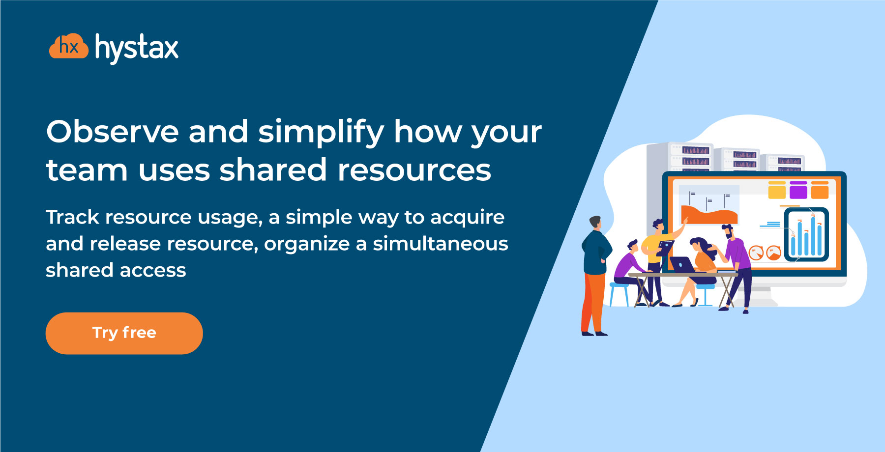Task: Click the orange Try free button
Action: click(124, 333)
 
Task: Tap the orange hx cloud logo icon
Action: click(69, 47)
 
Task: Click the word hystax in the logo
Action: click(137, 48)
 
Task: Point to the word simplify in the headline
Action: click(321, 133)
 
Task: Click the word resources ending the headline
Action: click(414, 170)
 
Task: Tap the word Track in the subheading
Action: click(73, 217)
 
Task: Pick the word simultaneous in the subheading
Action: click(441, 244)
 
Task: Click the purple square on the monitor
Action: click(798, 190)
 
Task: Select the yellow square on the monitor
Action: click(777, 190)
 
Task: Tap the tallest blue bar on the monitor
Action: click(813, 236)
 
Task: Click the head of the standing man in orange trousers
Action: click(595, 223)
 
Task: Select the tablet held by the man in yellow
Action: click(665, 248)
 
